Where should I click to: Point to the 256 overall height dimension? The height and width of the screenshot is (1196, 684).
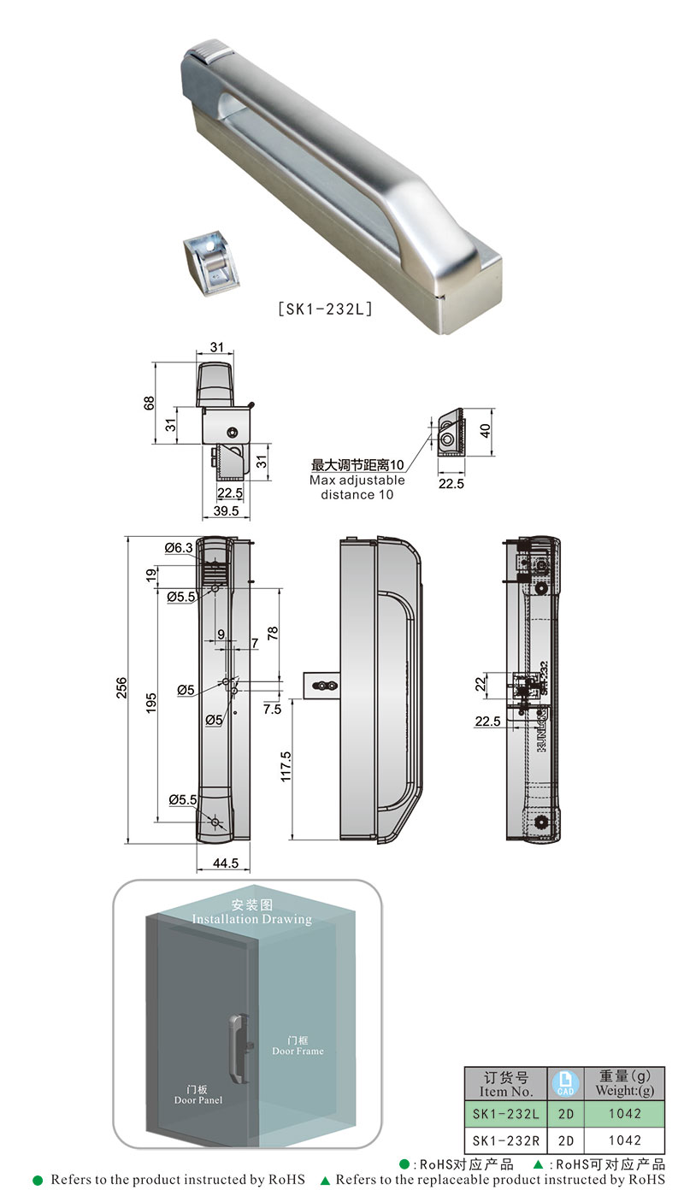pos(121,688)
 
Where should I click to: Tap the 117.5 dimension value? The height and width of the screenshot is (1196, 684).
pos(286,766)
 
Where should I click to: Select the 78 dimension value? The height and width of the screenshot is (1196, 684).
pos(273,633)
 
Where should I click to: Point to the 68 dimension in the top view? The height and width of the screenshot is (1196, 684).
pos(149,403)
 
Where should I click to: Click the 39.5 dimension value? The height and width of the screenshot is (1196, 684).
pos(227,510)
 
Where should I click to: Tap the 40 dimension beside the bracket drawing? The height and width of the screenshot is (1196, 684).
pos(486,430)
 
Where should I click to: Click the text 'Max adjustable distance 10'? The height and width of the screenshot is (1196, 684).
pos(357,487)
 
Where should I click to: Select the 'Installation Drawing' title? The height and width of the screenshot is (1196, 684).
pos(252,919)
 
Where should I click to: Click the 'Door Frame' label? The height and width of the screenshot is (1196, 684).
pos(298,1051)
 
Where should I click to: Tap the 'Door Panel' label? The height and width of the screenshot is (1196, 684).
pos(198,1099)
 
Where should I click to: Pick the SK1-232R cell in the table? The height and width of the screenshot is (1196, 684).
pos(505,1140)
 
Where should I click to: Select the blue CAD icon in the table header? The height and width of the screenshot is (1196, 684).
pos(564,1084)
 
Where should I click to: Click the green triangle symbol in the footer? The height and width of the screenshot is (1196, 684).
pos(325,1181)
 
